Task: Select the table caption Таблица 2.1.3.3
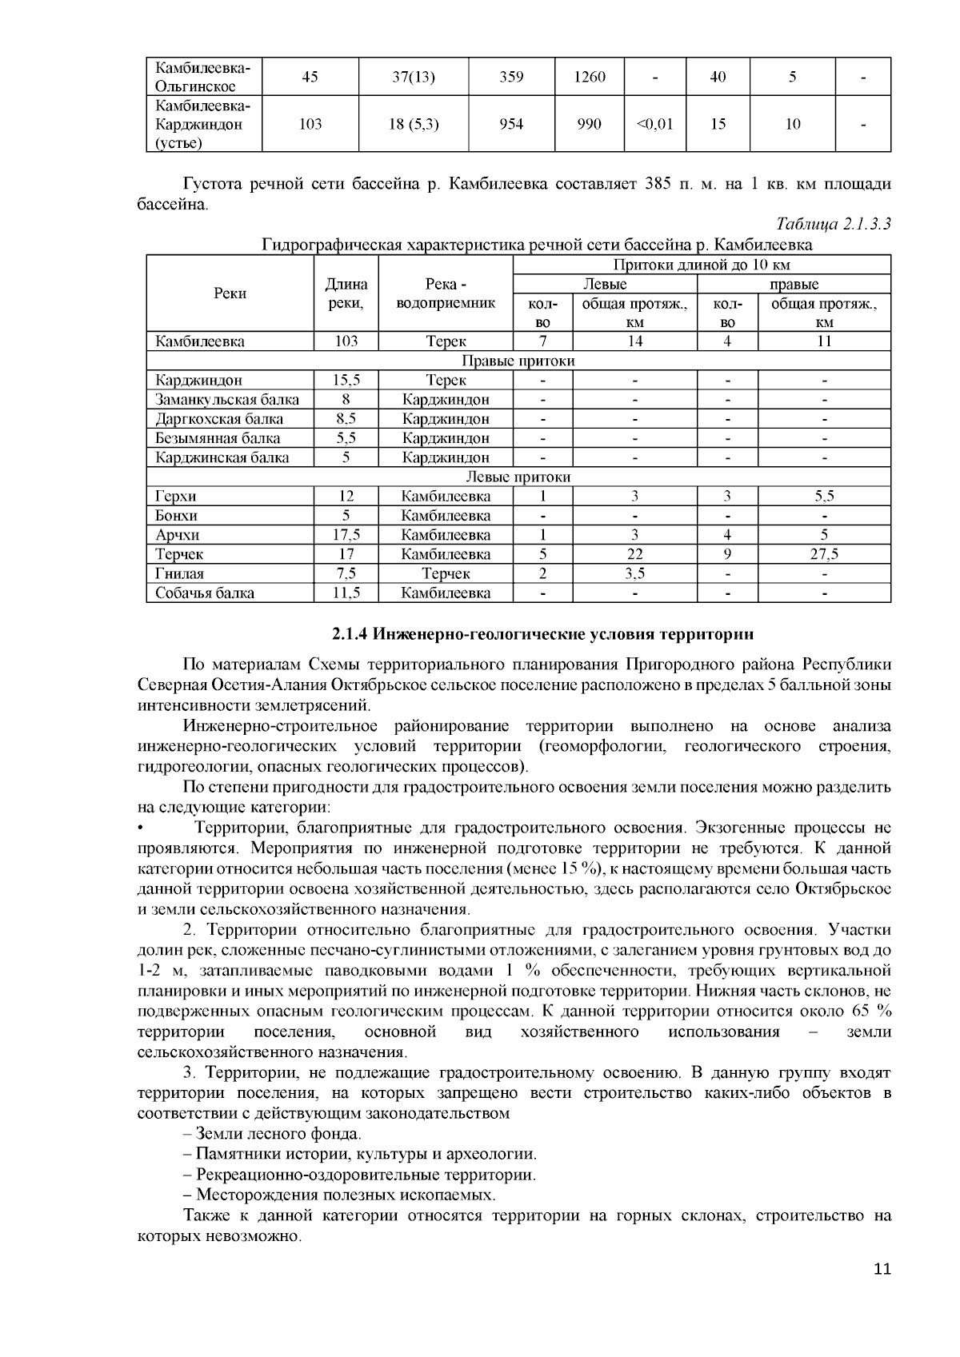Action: [x=834, y=225]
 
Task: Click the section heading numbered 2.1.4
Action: [x=542, y=635]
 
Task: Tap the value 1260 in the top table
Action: [x=590, y=78]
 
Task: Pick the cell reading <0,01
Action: [x=654, y=124]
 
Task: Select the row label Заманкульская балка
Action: [x=227, y=400]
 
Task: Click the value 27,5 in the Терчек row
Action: [x=824, y=554]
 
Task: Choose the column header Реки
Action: [x=230, y=293]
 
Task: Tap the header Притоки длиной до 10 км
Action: [x=701, y=265]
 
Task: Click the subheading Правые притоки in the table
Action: [x=518, y=361]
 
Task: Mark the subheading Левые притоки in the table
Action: [x=518, y=477]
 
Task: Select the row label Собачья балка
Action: [x=205, y=593]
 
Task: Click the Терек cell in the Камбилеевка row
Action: [x=446, y=341]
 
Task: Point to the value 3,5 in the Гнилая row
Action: [x=634, y=573]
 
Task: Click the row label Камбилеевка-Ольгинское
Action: [x=202, y=77]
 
